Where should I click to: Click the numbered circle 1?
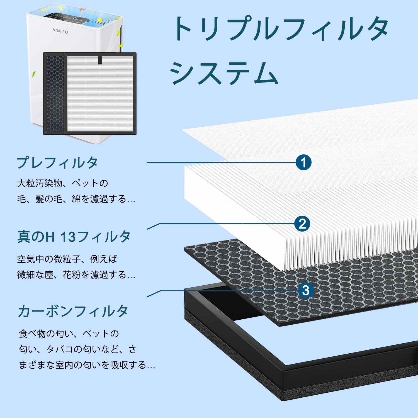(x=303, y=162)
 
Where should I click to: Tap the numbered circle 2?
(x=302, y=224)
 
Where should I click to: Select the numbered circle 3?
(x=306, y=291)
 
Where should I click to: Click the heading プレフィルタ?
(x=57, y=163)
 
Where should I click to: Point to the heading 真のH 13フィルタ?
(x=74, y=237)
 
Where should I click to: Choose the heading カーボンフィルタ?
(x=73, y=311)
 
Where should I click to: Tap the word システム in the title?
(x=224, y=73)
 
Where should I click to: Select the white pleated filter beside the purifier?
(x=100, y=93)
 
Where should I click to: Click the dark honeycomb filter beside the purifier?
(x=54, y=93)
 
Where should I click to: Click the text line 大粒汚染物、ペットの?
(x=63, y=183)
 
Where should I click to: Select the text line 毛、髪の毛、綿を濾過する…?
(x=76, y=199)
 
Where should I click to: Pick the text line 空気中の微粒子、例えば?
(x=67, y=259)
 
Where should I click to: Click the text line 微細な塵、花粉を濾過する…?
(x=76, y=275)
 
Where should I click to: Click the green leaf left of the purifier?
(x=34, y=74)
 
